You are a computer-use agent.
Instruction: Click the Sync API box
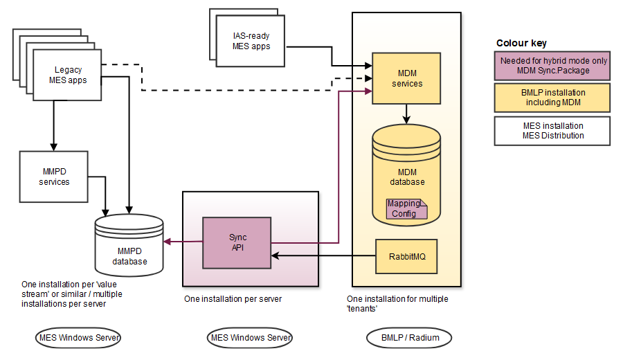237,242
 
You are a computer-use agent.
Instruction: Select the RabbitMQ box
407,255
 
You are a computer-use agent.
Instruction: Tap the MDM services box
406,78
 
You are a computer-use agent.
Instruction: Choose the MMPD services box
54,177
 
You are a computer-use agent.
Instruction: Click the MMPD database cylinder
129,246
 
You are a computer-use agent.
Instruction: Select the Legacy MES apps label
68,75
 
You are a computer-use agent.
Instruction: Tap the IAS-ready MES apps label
251,42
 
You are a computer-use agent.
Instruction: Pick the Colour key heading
521,43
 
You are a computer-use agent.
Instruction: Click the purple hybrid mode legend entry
552,66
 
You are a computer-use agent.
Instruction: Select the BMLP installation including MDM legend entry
552,98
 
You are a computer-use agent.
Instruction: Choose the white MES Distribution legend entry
552,131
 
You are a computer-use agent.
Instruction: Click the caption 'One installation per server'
233,299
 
